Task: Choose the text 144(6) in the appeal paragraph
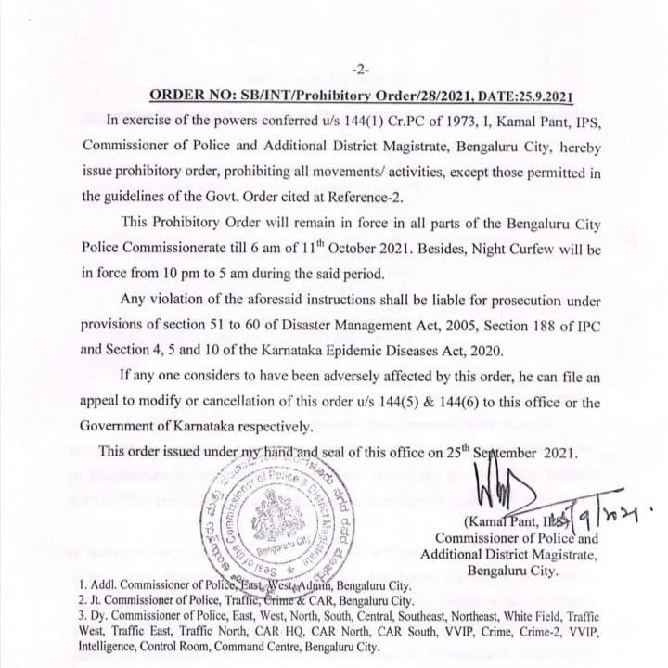[434, 403]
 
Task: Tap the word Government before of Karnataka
[124, 427]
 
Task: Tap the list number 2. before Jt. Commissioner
[84, 600]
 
